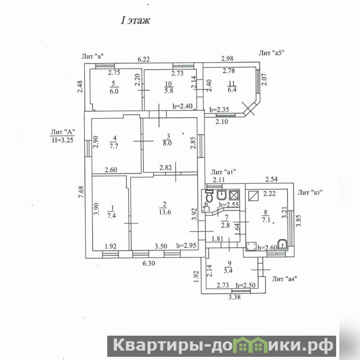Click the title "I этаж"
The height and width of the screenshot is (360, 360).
(x=136, y=20)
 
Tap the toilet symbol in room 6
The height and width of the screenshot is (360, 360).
(x=210, y=196)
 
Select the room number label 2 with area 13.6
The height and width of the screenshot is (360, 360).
(x=165, y=208)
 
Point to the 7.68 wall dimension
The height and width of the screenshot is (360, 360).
(x=81, y=191)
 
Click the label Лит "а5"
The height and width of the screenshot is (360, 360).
(x=272, y=53)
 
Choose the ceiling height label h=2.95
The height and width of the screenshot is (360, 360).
(x=186, y=246)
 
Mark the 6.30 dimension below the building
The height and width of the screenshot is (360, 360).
(x=149, y=263)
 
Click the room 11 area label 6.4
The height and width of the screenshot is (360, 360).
(x=232, y=90)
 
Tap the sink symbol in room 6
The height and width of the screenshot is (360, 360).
(x=222, y=196)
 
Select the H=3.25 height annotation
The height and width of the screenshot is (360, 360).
(x=63, y=140)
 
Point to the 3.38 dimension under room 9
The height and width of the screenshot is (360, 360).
(x=234, y=297)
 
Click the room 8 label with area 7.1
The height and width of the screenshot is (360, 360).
(x=266, y=216)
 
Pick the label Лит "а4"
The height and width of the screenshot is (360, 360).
(x=285, y=279)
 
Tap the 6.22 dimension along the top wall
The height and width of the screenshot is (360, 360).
(x=143, y=59)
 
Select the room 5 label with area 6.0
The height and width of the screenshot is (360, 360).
(x=114, y=87)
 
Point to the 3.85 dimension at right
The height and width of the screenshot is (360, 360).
(x=298, y=221)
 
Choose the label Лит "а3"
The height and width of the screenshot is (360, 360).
(x=310, y=192)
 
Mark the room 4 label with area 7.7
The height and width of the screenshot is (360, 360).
(x=114, y=142)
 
